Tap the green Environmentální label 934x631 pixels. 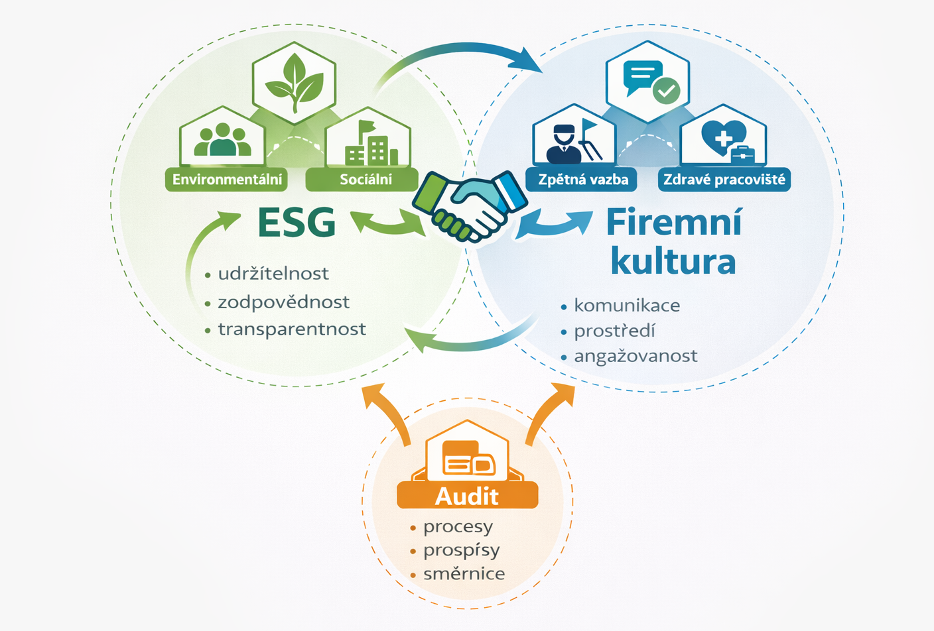point(227,180)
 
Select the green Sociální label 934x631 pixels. point(366,180)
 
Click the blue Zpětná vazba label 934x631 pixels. point(583,180)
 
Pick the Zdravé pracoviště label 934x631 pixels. point(724,180)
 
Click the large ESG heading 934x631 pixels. point(297,223)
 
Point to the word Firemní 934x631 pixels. point(674,223)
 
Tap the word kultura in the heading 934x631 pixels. point(673,261)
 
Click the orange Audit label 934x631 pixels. point(467,496)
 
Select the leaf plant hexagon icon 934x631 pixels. point(294,82)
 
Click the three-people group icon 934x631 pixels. point(222,140)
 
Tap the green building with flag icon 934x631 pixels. point(369,144)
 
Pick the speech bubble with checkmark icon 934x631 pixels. point(648,81)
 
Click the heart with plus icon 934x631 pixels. point(724,139)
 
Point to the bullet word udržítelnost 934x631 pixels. point(273,274)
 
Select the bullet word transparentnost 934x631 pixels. point(292,329)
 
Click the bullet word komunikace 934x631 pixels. point(627,306)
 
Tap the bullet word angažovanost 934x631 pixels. point(635,357)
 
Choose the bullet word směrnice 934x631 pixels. point(464,574)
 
